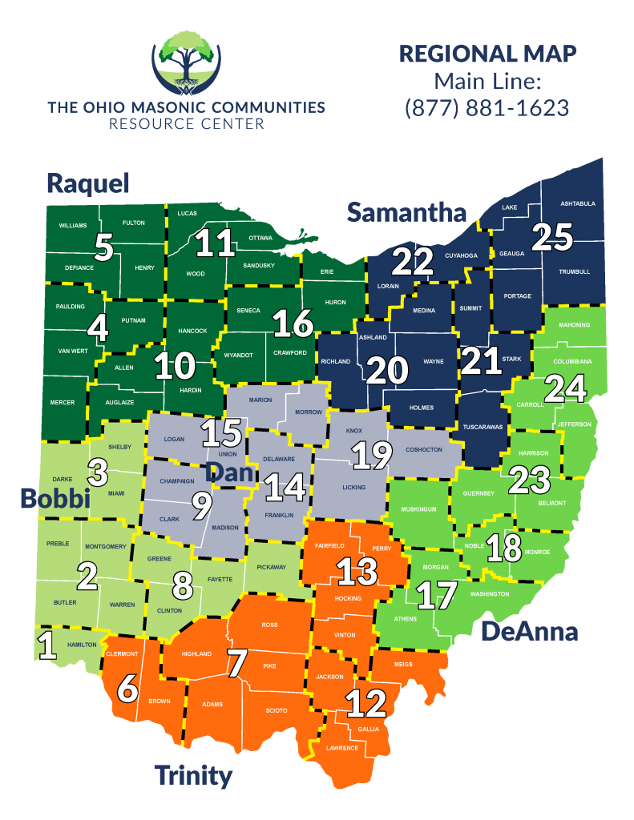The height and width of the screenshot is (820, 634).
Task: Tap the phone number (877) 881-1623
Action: (x=487, y=107)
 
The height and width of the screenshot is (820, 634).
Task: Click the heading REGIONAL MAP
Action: (x=487, y=54)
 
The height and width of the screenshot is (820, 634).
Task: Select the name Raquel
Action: (x=87, y=183)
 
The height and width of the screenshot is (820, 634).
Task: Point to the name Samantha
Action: (x=406, y=212)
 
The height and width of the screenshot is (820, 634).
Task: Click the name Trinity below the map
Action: (x=193, y=775)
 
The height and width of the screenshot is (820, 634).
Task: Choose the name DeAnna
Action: (x=529, y=632)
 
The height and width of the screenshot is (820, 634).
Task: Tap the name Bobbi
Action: (x=54, y=499)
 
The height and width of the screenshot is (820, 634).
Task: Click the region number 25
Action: (x=552, y=237)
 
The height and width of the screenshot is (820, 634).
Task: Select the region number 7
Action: (x=237, y=662)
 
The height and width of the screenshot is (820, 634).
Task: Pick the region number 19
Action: (x=371, y=455)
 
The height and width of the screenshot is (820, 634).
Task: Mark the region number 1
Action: (x=48, y=645)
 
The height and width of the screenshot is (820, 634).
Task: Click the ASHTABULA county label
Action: (x=578, y=203)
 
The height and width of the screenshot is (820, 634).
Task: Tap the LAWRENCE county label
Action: (x=342, y=748)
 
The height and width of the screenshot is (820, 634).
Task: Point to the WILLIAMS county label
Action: (x=73, y=226)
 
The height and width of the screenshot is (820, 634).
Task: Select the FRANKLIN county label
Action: (x=279, y=515)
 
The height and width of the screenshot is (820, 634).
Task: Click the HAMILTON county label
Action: (x=82, y=645)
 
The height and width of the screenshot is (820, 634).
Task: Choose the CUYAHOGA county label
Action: (x=461, y=255)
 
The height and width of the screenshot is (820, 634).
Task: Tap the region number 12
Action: (x=366, y=704)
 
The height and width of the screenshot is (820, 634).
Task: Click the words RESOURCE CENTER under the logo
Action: (x=186, y=124)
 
